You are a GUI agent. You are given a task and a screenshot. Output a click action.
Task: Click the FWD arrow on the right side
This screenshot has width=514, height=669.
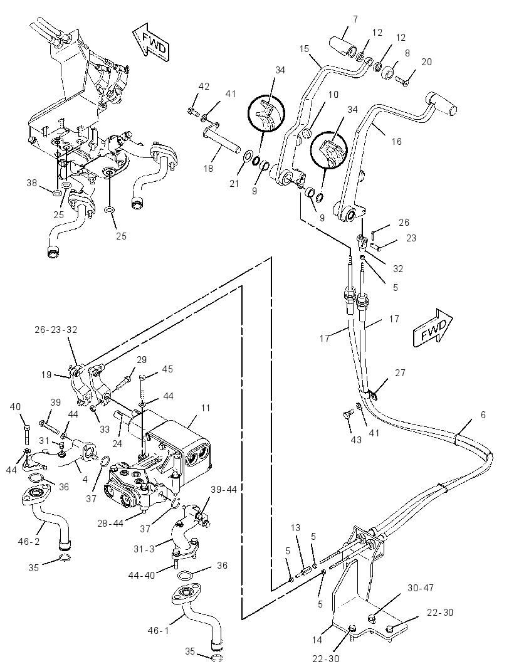click(x=433, y=327)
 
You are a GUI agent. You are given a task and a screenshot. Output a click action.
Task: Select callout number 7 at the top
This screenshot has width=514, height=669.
click(x=355, y=19)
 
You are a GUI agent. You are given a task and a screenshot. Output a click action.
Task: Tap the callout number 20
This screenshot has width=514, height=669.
click(x=426, y=62)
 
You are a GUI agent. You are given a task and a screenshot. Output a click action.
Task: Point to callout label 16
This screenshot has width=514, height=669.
click(x=396, y=141)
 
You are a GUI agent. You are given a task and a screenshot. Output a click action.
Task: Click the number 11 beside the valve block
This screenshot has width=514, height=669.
click(x=205, y=408)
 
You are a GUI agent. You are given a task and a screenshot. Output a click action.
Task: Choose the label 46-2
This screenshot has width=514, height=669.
click(x=29, y=542)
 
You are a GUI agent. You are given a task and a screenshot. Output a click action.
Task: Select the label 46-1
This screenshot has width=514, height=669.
click(x=158, y=630)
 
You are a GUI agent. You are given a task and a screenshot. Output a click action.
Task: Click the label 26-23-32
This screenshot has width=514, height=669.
click(x=56, y=330)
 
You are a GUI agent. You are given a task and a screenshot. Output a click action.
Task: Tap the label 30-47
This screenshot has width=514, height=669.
click(x=420, y=588)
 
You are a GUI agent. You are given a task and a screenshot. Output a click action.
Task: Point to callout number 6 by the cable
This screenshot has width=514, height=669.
click(x=483, y=414)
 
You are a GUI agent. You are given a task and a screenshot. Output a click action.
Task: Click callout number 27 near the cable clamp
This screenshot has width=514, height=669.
click(x=400, y=373)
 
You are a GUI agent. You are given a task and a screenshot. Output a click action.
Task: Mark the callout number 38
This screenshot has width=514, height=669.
click(x=32, y=183)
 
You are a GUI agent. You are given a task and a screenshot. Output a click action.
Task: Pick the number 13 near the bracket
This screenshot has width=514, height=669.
click(x=296, y=528)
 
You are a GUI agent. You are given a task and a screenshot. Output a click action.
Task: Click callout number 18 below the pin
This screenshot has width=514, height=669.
click(x=208, y=169)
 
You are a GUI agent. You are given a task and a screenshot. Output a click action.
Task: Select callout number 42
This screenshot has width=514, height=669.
click(x=204, y=86)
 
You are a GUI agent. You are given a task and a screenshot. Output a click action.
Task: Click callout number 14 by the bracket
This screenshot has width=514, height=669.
click(x=317, y=640)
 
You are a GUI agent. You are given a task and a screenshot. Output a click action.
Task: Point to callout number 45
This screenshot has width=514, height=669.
click(x=167, y=369)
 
